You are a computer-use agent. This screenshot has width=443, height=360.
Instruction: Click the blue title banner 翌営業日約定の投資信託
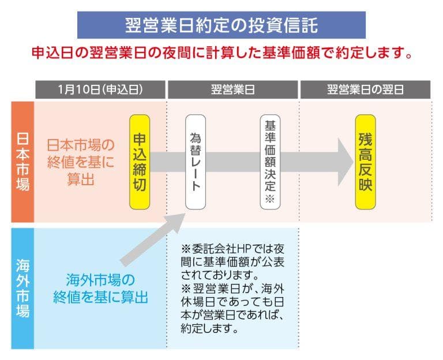point(221,25)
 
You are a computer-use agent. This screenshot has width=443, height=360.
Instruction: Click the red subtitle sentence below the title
point(221,54)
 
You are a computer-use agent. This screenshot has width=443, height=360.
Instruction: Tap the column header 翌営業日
point(233,90)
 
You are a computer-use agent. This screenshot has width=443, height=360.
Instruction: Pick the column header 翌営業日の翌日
point(365,90)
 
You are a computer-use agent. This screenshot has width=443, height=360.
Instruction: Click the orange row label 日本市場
point(22,162)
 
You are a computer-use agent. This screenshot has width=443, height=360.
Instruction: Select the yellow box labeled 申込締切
point(140,162)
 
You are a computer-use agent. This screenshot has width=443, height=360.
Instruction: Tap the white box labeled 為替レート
point(195,162)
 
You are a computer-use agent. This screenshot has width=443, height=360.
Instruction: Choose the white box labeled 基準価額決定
point(269,162)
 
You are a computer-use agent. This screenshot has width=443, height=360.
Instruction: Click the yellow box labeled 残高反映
point(365,162)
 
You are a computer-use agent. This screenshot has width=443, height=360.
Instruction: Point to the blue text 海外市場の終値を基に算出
point(100,289)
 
